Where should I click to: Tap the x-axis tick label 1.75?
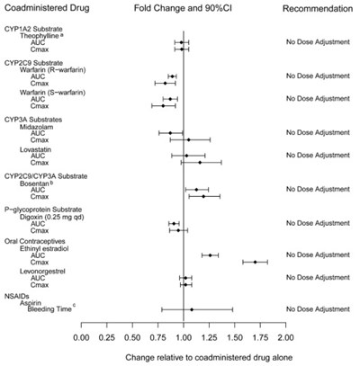pos(260,338)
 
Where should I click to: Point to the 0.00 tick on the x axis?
pos(81,338)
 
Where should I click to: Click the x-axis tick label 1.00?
pos(184,338)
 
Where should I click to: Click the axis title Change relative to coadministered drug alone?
pos(184,356)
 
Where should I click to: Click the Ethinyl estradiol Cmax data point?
pos(256,262)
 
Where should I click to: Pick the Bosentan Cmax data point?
pos(203,196)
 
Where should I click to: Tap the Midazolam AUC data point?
pos(170,133)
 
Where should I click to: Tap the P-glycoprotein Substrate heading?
pos(51,208)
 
